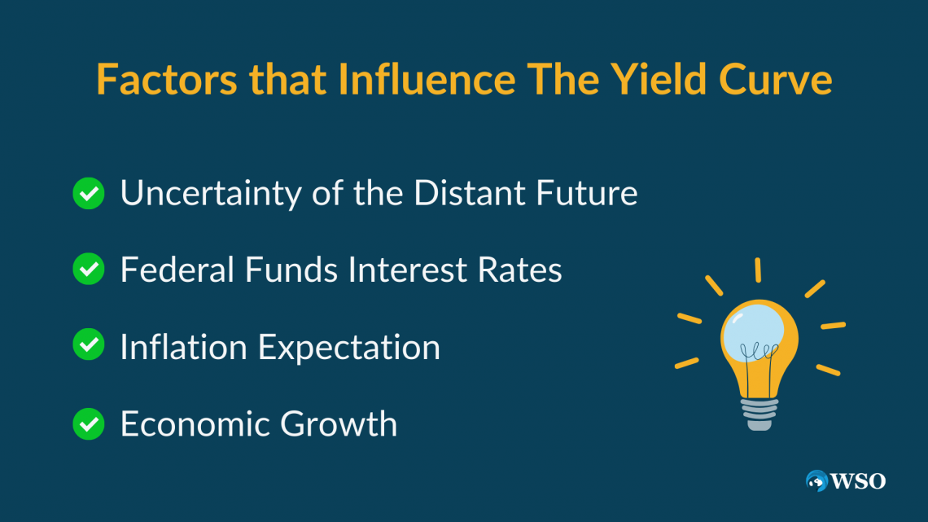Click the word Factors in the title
click(x=166, y=79)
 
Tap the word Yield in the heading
click(x=658, y=79)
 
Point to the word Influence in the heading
click(x=427, y=79)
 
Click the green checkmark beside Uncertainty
click(x=89, y=194)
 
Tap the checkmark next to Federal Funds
click(x=89, y=269)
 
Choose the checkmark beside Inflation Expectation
click(x=89, y=344)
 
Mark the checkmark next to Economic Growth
click(x=89, y=423)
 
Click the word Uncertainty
click(x=211, y=194)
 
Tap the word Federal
click(x=177, y=270)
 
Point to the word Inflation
click(x=184, y=346)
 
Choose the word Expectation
click(x=349, y=348)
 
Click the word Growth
click(x=339, y=423)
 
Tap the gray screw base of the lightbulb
click(x=759, y=414)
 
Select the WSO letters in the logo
click(x=858, y=481)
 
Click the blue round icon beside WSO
click(x=816, y=480)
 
